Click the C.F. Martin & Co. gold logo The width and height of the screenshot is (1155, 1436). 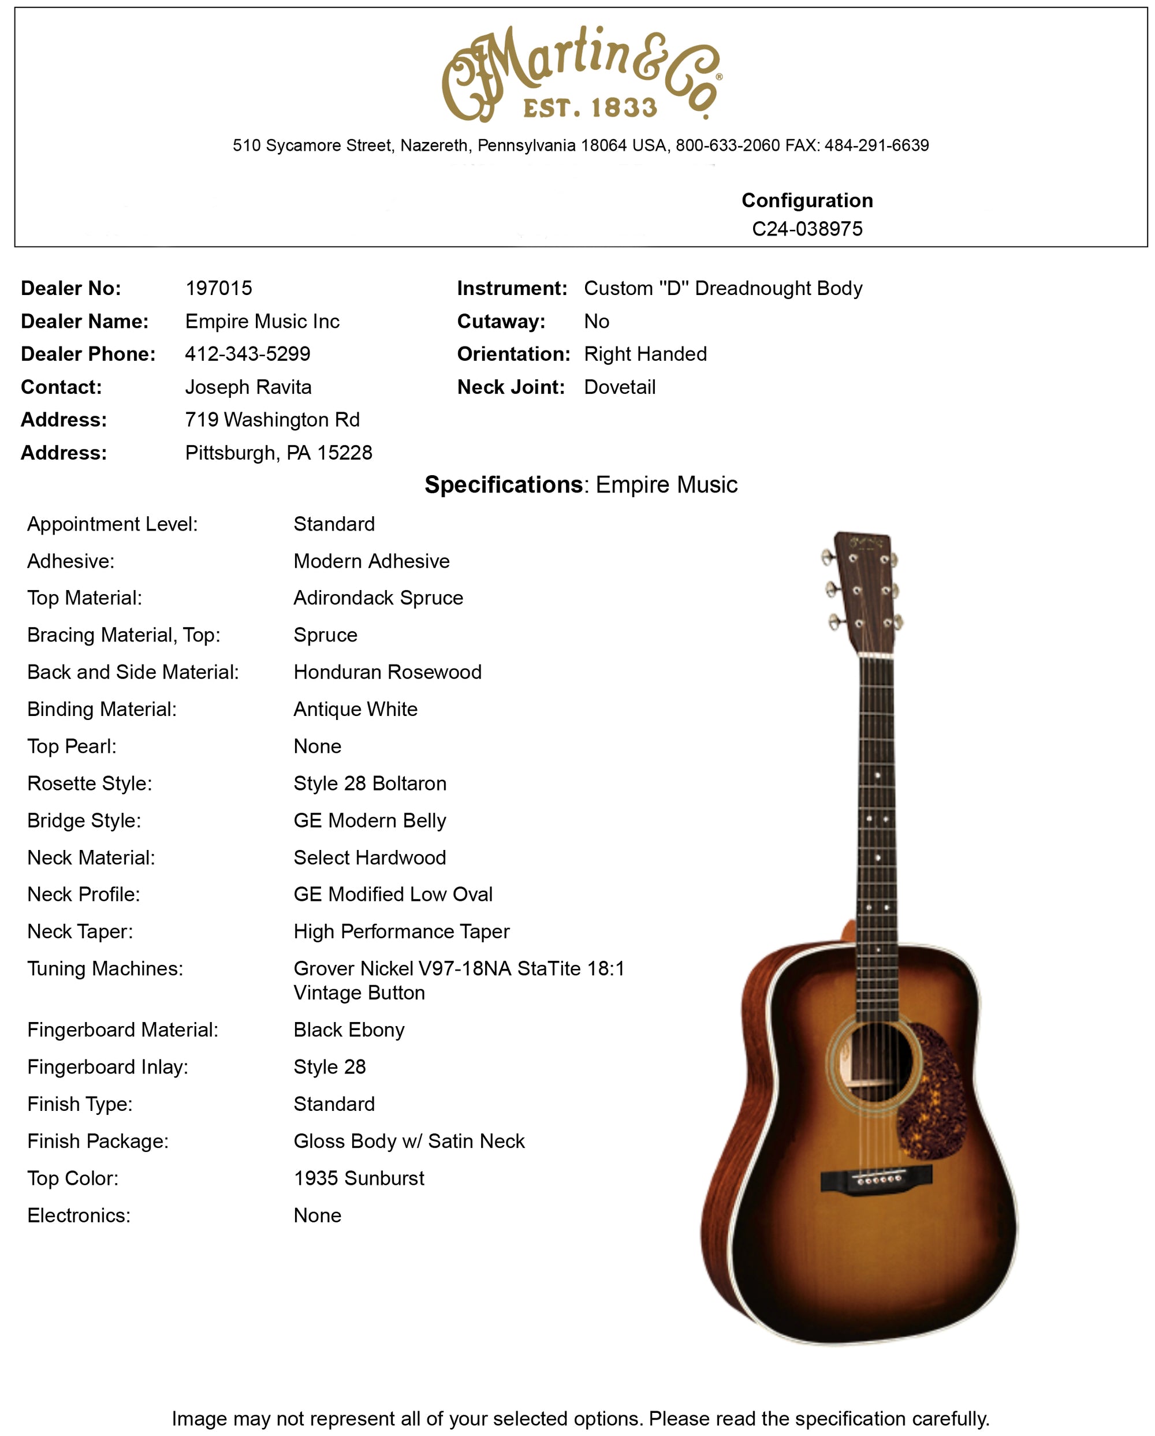pyautogui.click(x=581, y=73)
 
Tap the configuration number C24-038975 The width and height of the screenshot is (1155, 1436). pyautogui.click(x=807, y=229)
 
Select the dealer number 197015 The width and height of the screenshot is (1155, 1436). pyautogui.click(x=218, y=288)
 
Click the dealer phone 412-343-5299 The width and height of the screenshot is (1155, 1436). pyautogui.click(x=247, y=354)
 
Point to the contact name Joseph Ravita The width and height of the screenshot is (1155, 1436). pyautogui.click(x=248, y=387)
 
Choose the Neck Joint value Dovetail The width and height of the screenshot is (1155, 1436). pyautogui.click(x=620, y=387)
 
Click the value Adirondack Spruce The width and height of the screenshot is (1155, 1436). pyautogui.click(x=378, y=598)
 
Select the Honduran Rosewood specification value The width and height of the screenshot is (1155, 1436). pyautogui.click(x=387, y=672)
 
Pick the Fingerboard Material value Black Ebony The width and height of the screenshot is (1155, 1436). pyautogui.click(x=348, y=1030)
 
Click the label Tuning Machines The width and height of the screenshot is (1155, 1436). pyautogui.click(x=105, y=968)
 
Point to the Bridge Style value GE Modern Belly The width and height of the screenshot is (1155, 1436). pyautogui.click(x=370, y=820)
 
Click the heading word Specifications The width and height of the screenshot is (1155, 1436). pyautogui.click(x=504, y=485)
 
